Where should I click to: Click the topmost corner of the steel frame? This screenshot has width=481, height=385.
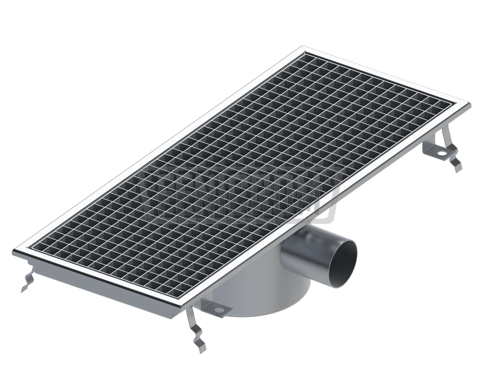coord(303,47)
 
